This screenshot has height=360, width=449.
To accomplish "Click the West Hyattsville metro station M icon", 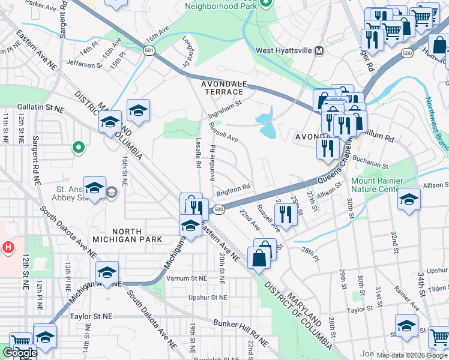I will tap(319, 51).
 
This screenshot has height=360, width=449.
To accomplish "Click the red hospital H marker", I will tap(8, 247).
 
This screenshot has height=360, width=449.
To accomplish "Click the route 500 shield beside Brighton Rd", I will tap(219, 209).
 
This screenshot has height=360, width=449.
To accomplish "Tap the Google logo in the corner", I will tap(20, 353).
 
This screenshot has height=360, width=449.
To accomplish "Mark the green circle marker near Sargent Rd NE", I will tap(77, 146).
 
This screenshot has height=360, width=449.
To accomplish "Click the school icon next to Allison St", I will tap(408, 200).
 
